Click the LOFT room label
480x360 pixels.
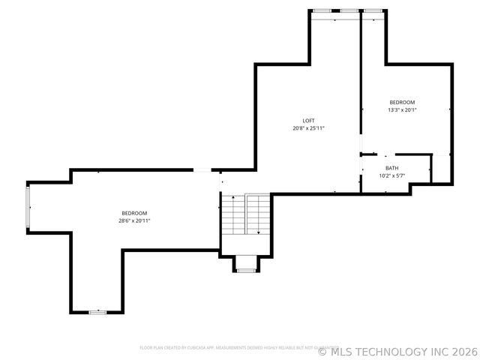[308, 121]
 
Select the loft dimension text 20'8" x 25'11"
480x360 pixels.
[308, 128]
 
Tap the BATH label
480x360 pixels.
[392, 168]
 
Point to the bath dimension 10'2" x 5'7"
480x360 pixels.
[392, 175]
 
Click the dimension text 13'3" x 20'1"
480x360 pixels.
[402, 109]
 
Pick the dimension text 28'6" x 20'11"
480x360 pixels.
[134, 220]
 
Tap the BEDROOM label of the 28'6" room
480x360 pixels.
[134, 213]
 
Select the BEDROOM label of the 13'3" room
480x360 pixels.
[402, 102]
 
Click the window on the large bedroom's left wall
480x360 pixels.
[28, 208]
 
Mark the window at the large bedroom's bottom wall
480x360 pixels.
[97, 311]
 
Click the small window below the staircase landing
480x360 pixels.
[245, 270]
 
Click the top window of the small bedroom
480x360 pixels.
[373, 10]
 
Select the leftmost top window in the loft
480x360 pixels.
[323, 10]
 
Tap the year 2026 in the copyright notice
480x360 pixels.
[463, 351]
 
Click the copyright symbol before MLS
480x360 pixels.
[322, 351]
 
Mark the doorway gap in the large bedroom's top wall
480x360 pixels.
[202, 171]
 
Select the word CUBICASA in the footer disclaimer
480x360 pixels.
[196, 347]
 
